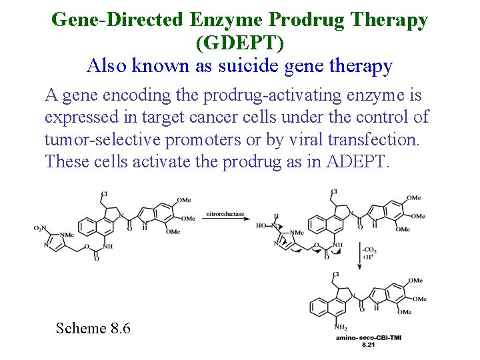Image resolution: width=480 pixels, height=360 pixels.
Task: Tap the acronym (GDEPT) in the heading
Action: click(240, 43)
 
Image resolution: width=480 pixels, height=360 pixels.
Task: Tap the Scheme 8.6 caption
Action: click(93, 328)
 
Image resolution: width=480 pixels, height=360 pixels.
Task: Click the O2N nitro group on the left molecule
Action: click(41, 229)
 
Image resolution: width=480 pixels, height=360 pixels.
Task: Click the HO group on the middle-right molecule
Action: click(261, 226)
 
